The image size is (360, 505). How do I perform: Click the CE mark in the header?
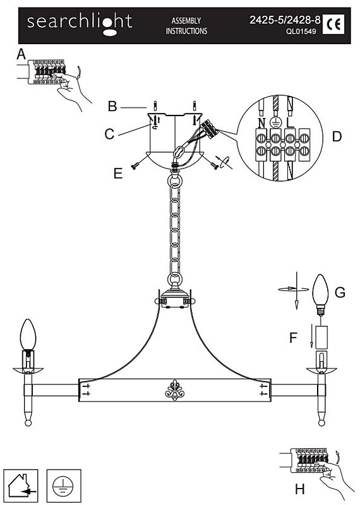(333, 25)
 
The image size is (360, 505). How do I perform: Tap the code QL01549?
(301, 32)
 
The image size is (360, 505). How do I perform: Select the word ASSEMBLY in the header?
(186, 21)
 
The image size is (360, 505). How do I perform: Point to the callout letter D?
(337, 136)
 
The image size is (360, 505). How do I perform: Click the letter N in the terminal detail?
(261, 122)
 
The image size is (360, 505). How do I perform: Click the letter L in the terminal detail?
(291, 122)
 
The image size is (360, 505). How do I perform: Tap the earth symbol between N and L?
(275, 122)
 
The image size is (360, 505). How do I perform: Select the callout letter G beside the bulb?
(340, 292)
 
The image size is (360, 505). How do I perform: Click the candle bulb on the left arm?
(28, 335)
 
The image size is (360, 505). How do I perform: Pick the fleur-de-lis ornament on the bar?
(174, 390)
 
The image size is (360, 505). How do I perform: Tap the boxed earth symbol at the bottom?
(64, 486)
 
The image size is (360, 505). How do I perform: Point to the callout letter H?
(300, 490)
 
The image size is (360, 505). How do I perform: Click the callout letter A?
(21, 54)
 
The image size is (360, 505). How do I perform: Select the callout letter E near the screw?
(118, 174)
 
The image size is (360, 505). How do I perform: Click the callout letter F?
(293, 338)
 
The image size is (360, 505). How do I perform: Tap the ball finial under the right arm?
(321, 422)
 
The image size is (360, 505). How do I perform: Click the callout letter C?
(110, 134)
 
